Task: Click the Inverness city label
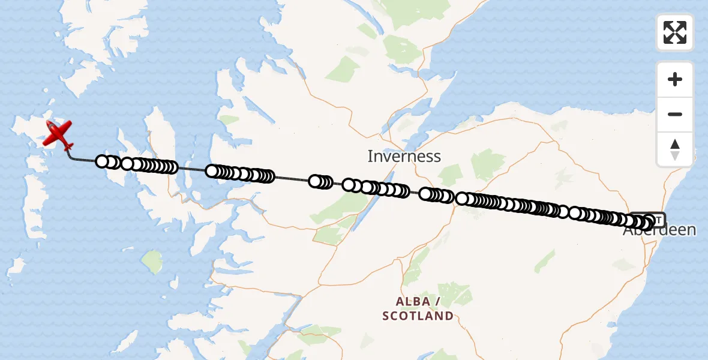coord(404,157)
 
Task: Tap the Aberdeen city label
coord(660,230)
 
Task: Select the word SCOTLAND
coord(418,316)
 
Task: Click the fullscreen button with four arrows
coord(675,32)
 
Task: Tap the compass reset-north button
coord(675,148)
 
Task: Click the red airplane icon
coord(57,134)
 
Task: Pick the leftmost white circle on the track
coord(103,161)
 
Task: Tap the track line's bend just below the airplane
coord(71,158)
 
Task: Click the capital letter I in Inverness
coord(370,157)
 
